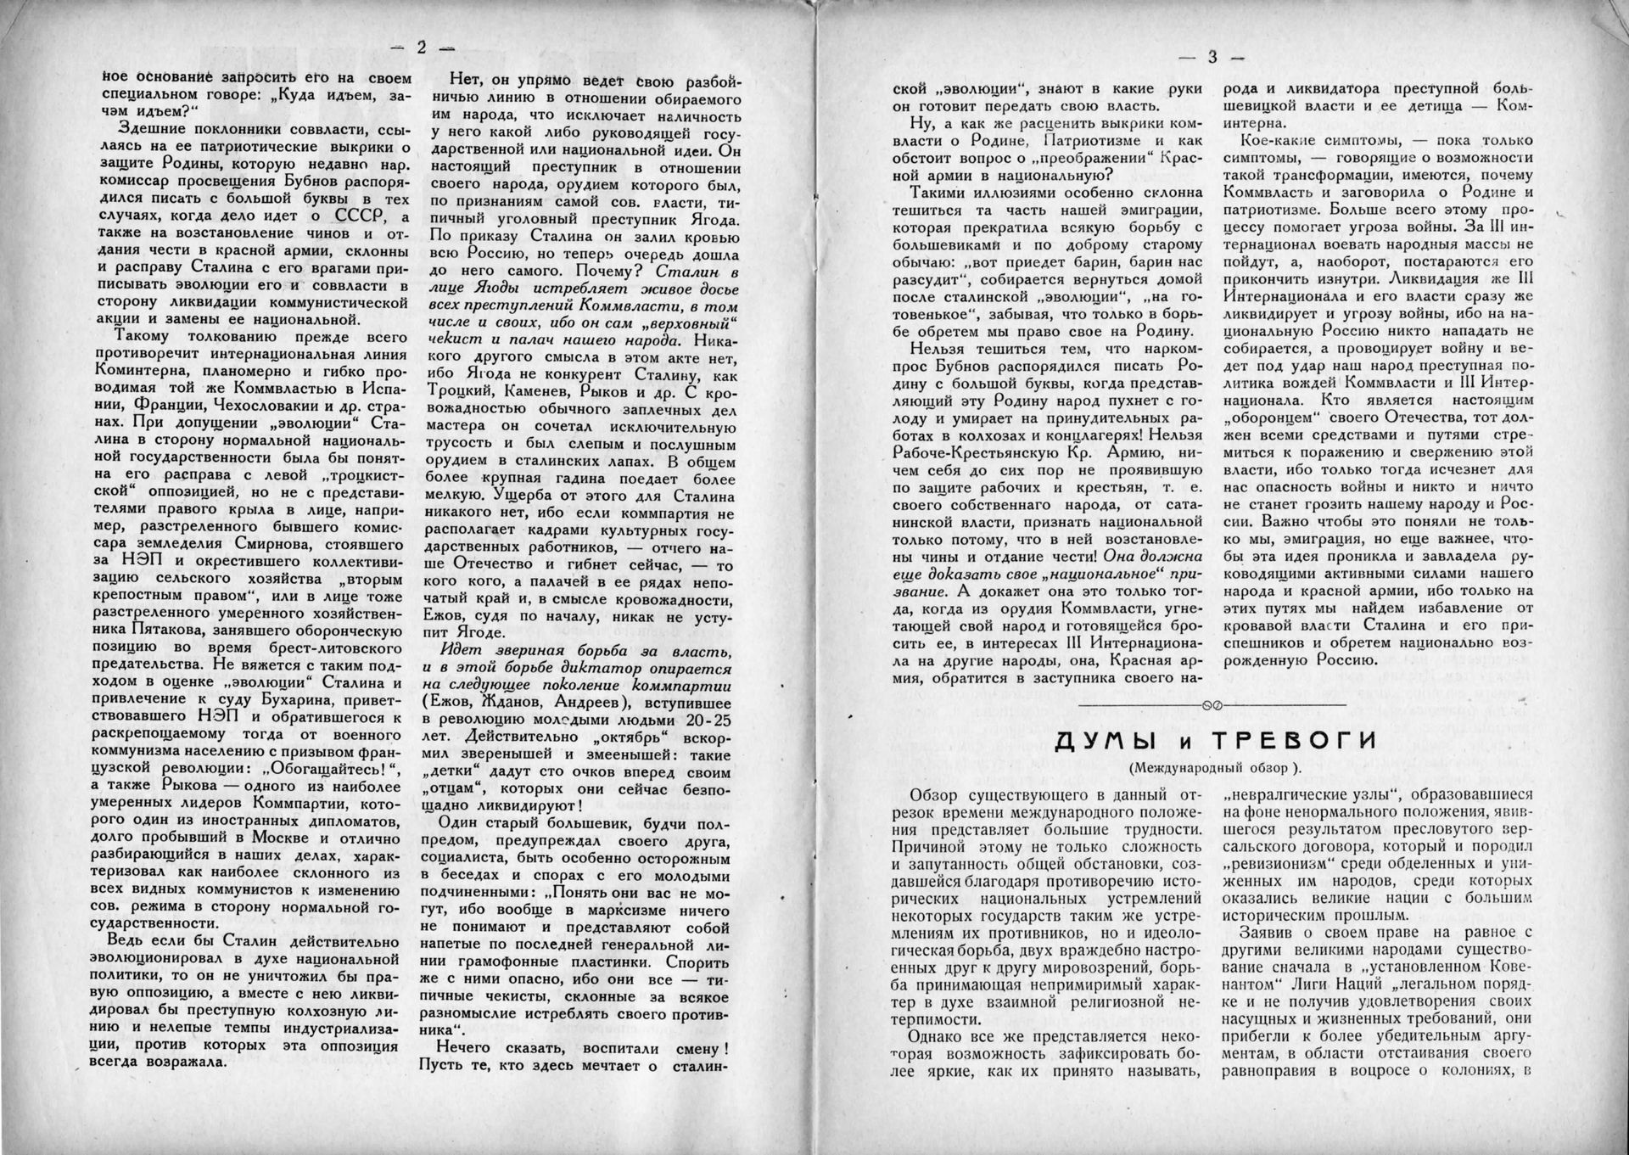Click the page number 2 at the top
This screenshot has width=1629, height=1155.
point(421,48)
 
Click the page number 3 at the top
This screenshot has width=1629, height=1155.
point(1212,57)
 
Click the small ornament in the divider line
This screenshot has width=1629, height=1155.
point(1212,706)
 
